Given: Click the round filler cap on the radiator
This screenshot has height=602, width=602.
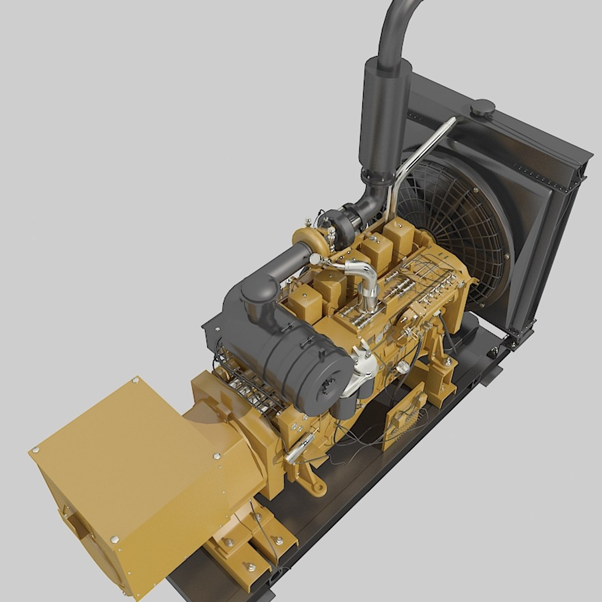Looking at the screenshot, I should point(482,108).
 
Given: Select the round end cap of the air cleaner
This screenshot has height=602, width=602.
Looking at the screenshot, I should point(332,385).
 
